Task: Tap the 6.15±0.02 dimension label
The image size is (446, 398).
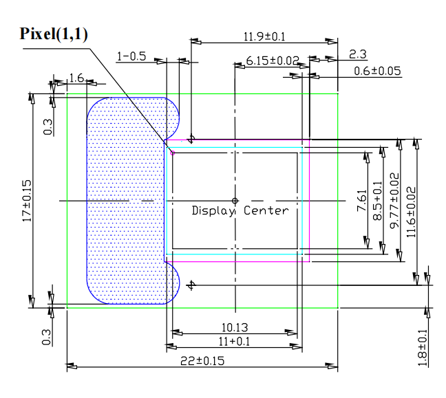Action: tap(273, 61)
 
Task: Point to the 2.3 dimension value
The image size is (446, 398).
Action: tap(358, 54)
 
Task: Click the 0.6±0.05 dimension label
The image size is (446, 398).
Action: tap(378, 71)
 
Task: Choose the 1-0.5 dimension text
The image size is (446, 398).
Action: tap(131, 56)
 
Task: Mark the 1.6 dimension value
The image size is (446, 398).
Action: tap(76, 78)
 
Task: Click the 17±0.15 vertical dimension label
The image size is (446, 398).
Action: tap(28, 200)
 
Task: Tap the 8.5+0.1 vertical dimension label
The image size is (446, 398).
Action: tap(377, 200)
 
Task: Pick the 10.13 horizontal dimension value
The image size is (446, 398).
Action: tap(234, 327)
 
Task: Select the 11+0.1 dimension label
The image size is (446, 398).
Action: tap(234, 341)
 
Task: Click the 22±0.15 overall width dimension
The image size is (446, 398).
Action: tap(202, 361)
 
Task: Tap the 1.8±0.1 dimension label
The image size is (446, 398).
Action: tap(422, 348)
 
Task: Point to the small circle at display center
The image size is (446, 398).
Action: tap(235, 201)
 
